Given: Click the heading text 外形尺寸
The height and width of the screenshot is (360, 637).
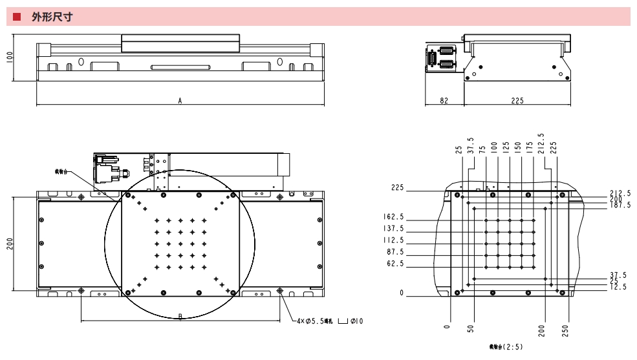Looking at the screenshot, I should [x=51, y=17].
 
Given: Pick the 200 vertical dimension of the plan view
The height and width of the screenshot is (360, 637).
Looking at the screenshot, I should [x=10, y=244].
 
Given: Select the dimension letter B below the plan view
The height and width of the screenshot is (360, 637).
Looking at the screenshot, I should [x=180, y=316].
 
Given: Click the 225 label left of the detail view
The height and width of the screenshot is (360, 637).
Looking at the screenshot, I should [x=396, y=188].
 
